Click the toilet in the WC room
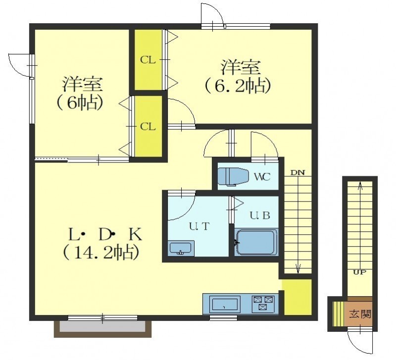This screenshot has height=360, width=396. click(x=232, y=177)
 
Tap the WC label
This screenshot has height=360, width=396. click(x=262, y=177)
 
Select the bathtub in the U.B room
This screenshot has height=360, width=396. click(x=256, y=242)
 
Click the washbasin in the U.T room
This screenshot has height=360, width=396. click(x=181, y=248)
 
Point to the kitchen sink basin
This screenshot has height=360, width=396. click(x=225, y=304)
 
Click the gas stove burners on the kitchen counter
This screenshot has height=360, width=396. click(x=263, y=303)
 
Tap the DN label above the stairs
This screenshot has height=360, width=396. click(x=298, y=173)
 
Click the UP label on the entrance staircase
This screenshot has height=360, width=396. click(x=360, y=272)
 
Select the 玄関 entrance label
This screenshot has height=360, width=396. click(x=360, y=314)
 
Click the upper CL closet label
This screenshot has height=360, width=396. click(x=148, y=60)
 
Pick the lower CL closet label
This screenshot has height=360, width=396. click(x=148, y=127)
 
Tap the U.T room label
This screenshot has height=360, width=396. click(x=199, y=226)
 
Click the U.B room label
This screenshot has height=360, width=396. click(x=260, y=215)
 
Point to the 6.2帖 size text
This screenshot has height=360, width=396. click(x=238, y=86)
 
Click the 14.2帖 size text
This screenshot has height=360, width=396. click(x=101, y=253)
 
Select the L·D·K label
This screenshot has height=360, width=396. click(x=105, y=235)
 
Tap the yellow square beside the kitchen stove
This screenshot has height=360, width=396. click(x=297, y=297)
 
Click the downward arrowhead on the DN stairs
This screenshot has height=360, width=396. click(x=298, y=269)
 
